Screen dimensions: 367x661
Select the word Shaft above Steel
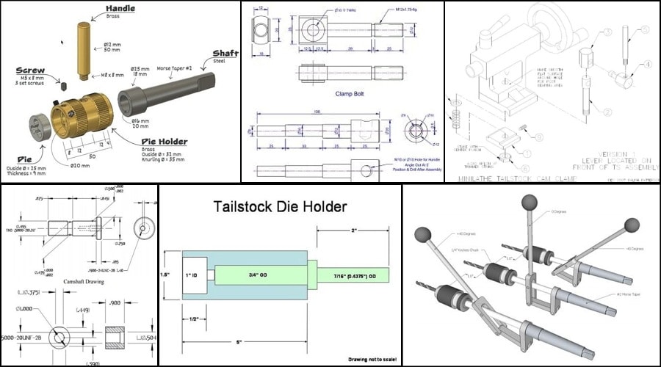(x=224, y=54)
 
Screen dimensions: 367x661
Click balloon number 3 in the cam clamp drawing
(x=607, y=33)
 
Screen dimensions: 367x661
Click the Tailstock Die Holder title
(x=281, y=208)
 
